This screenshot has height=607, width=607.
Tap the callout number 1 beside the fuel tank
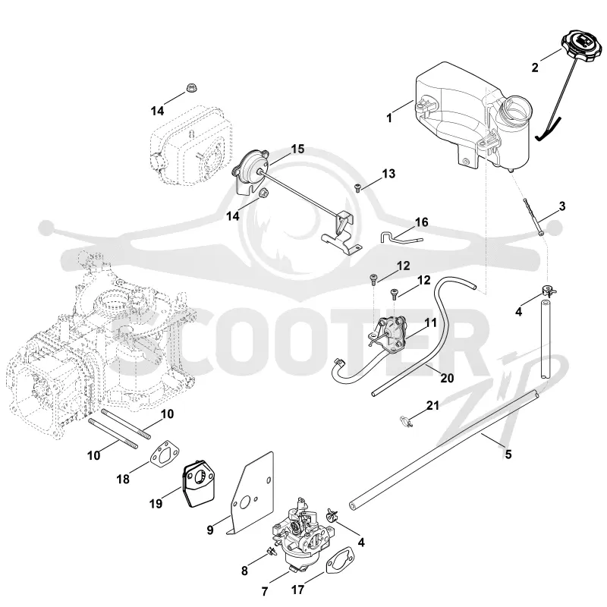tap(389, 118)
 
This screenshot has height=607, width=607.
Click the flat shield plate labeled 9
tap(250, 491)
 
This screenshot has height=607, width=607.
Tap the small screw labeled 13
tap(357, 188)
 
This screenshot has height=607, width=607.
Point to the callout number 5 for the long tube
tap(508, 453)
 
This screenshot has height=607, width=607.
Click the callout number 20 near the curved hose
tap(447, 377)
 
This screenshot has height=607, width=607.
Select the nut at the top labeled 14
tap(190, 88)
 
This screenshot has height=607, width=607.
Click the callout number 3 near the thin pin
tap(562, 206)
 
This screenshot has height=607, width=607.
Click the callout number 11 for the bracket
tap(430, 322)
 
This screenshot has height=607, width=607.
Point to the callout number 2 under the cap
tap(535, 68)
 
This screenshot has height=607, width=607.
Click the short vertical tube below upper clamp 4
tap(545, 338)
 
